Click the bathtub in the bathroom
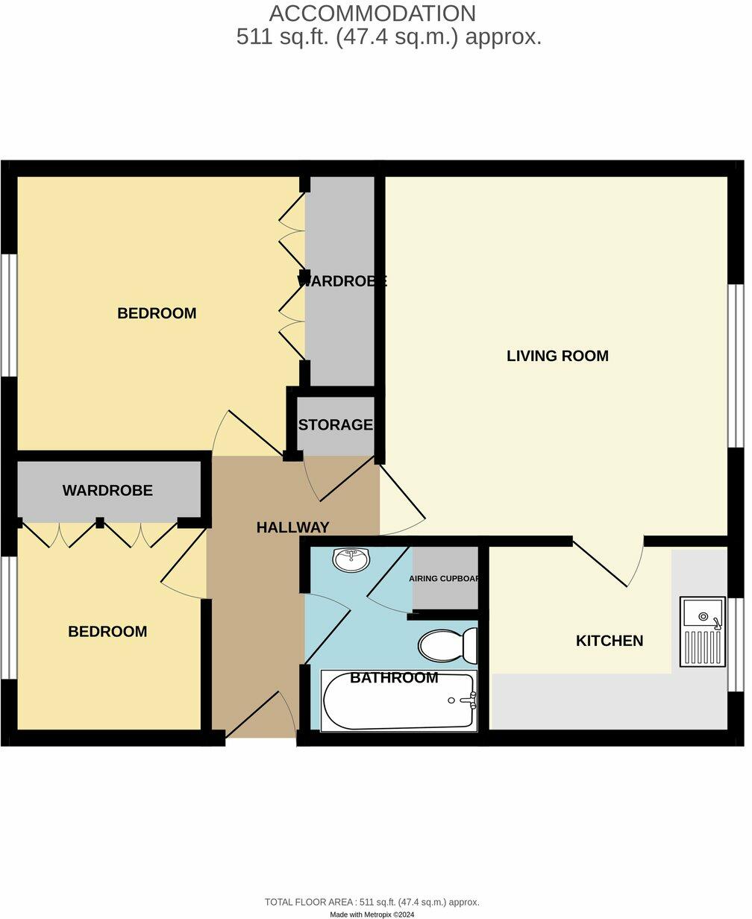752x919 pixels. [399, 701]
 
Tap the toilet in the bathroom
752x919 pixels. [448, 645]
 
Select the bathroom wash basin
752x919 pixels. [351, 559]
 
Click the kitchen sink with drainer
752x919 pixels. [702, 631]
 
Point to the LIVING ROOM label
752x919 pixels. [557, 356]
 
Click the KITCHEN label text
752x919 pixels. [609, 640]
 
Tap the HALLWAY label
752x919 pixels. [292, 527]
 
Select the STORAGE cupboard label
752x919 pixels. [335, 424]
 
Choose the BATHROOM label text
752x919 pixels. [393, 677]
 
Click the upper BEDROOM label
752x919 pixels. [157, 313]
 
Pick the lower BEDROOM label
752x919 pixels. [107, 631]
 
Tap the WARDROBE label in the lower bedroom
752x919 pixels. [107, 490]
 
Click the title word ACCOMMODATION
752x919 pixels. [372, 13]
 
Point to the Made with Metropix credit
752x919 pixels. [372, 914]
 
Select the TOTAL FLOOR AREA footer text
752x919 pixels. [372, 902]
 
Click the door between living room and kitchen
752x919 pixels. [608, 563]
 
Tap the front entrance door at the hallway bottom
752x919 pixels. [261, 716]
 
